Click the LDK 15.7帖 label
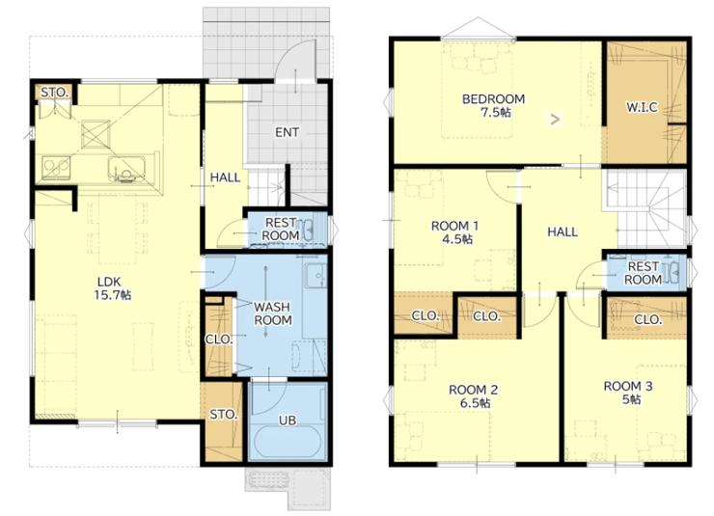click(113, 288)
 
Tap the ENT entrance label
click(287, 132)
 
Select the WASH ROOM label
click(273, 313)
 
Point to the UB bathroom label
click(288, 421)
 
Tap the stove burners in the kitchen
click(57, 168)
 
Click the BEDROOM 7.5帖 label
click(494, 105)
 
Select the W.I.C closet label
click(642, 107)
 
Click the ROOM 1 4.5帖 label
click(455, 232)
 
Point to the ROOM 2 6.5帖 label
click(474, 395)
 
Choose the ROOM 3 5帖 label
click(628, 393)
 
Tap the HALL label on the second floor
click(563, 232)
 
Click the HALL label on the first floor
click(226, 177)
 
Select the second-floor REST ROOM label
click(643, 273)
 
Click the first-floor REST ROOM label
click(281, 229)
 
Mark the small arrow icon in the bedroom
click(555, 120)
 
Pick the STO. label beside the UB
click(224, 415)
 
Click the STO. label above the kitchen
click(55, 93)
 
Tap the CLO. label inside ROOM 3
click(648, 319)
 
